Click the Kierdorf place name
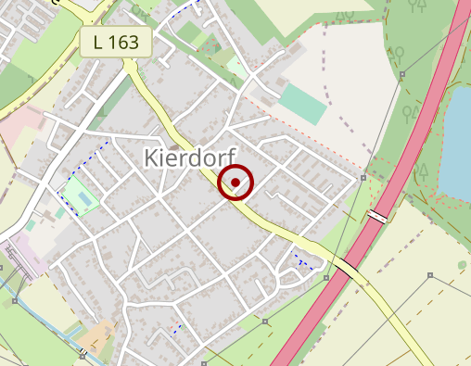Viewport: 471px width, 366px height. point(191,158)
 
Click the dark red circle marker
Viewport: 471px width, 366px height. point(236,183)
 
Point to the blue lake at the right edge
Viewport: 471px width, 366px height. point(456,139)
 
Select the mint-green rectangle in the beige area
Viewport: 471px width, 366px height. point(302,104)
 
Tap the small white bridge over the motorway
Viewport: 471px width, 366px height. point(377,216)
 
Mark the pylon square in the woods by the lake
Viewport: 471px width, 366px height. point(363,176)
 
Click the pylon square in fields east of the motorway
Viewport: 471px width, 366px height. point(430,275)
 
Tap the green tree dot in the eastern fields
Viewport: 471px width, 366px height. point(462,265)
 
